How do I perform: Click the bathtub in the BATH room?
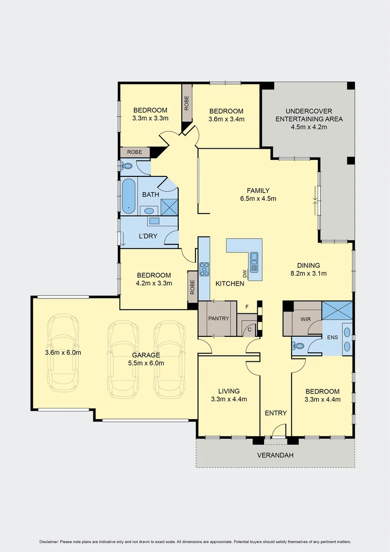tap(128, 196)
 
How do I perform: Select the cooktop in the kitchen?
tap(204, 268)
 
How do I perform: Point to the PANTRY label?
tap(218, 318)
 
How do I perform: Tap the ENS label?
tap(332, 338)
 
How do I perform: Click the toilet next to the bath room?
tap(127, 166)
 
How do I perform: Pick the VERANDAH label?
tap(275, 455)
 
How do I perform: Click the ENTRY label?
tap(276, 413)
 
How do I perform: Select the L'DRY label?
tap(148, 236)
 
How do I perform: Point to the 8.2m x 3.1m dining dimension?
tap(308, 273)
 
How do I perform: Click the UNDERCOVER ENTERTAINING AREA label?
tap(309, 115)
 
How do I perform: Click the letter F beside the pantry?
tap(247, 307)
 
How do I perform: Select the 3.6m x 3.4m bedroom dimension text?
tap(226, 119)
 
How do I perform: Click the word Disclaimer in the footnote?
tap(48, 542)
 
